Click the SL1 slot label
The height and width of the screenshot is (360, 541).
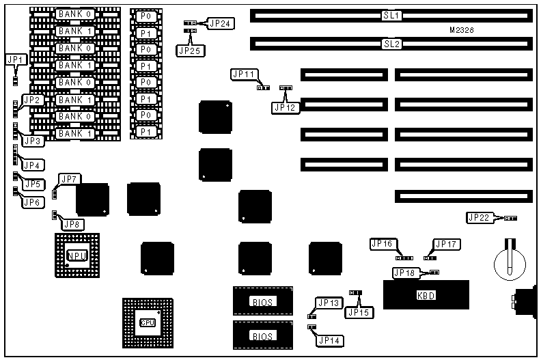pyautogui.click(x=391, y=14)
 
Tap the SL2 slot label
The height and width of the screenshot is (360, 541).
pyautogui.click(x=391, y=44)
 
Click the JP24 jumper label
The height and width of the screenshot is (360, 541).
pyautogui.click(x=221, y=23)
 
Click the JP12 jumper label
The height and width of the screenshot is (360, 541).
pyautogui.click(x=286, y=107)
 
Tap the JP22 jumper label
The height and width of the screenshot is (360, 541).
pyautogui.click(x=479, y=218)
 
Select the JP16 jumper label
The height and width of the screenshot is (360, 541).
pyautogui.click(x=382, y=243)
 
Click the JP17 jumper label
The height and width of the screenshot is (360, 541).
pyautogui.click(x=447, y=244)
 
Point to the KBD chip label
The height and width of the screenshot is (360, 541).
pyautogui.click(x=426, y=296)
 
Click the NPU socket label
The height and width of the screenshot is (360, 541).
pyautogui.click(x=77, y=255)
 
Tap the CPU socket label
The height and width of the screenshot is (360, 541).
pyautogui.click(x=148, y=322)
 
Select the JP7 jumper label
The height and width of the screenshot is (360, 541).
pyautogui.click(x=71, y=179)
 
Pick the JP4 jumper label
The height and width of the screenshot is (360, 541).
pyautogui.click(x=32, y=165)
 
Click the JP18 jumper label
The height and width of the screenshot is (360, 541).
pyautogui.click(x=404, y=273)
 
